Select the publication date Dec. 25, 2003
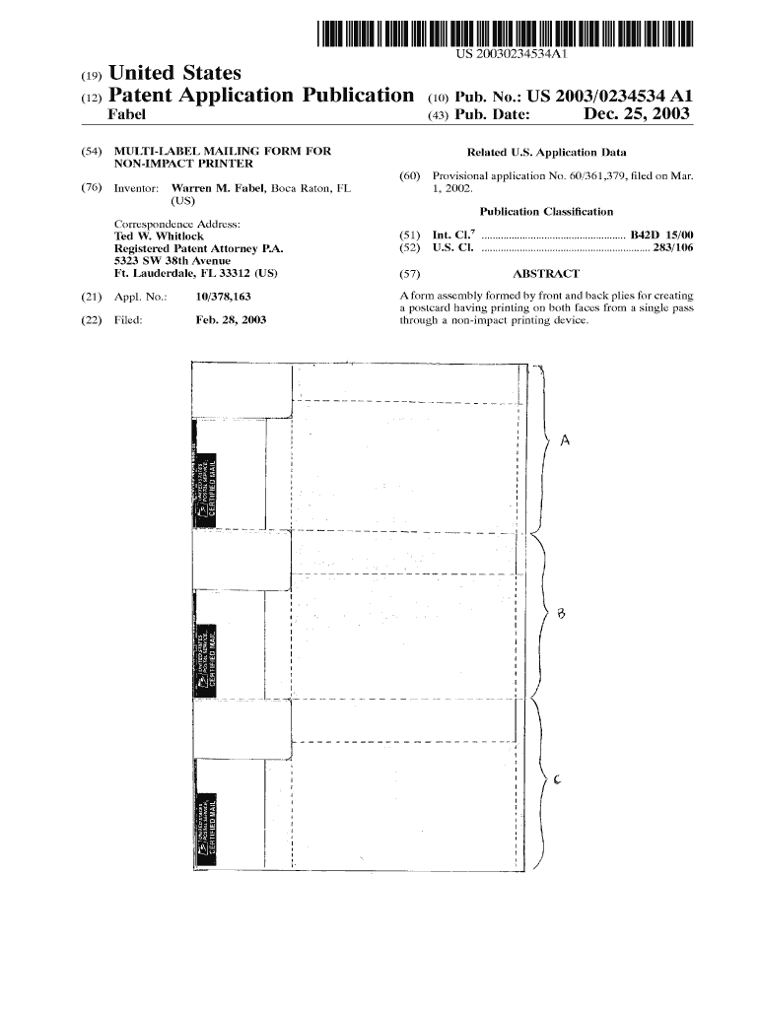click(x=637, y=116)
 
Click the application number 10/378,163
click(x=223, y=296)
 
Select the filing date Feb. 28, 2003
click(x=231, y=320)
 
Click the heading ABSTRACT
click(x=547, y=274)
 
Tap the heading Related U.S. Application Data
click(x=546, y=152)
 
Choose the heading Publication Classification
click(x=546, y=212)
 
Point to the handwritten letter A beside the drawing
click(x=565, y=440)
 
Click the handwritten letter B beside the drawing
click(x=561, y=613)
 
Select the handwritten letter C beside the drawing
click(x=557, y=780)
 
